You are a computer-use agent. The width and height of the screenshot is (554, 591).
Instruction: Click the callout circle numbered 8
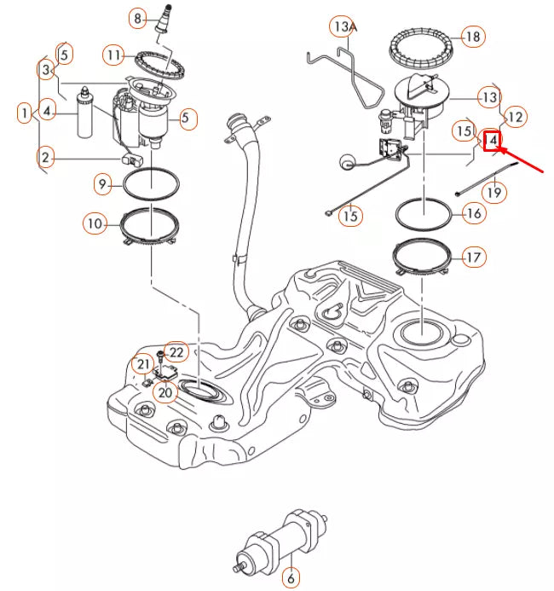point(137,17)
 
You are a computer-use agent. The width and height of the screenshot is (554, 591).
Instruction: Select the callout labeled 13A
point(343,27)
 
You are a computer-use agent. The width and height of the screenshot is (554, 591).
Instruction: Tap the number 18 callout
point(471,36)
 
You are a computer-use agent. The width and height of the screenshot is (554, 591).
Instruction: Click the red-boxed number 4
point(493,140)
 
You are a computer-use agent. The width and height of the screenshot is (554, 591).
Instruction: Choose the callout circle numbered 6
point(290,578)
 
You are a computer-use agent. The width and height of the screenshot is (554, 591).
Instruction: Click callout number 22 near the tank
point(176,351)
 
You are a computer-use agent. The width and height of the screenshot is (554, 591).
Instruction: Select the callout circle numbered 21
point(142,365)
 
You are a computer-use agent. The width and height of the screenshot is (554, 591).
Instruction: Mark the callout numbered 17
point(473,256)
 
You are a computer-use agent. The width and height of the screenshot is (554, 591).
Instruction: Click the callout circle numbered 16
point(473,213)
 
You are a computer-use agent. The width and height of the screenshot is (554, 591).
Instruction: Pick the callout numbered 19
point(494,193)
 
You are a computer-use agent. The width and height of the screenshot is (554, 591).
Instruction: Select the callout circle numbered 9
point(102,183)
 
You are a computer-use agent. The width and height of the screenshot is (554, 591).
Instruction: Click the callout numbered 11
point(115,55)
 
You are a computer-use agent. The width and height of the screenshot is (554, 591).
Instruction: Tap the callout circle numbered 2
point(46,156)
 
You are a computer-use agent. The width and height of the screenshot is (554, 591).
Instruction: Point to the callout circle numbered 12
point(514,116)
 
